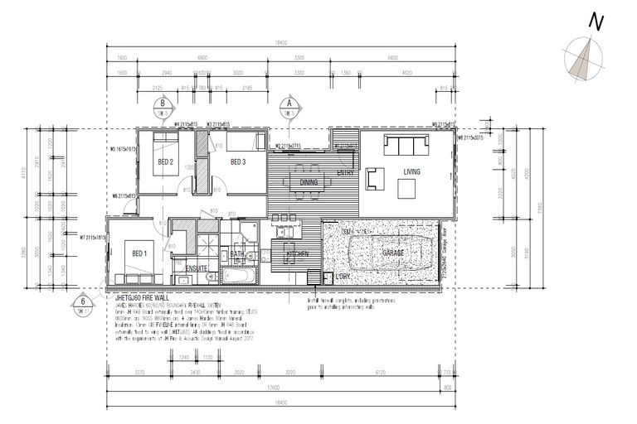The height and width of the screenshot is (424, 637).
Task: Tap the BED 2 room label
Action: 165,161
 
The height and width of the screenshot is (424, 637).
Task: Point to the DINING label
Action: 309,181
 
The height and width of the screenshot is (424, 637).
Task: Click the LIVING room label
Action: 412,172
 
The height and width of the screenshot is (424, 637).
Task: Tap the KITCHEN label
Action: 298,253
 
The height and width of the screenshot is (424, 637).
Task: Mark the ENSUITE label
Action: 196,267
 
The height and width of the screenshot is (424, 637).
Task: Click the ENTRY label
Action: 346,172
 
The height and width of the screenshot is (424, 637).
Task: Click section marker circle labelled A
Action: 289,104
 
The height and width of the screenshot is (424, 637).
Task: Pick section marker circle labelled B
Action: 163,104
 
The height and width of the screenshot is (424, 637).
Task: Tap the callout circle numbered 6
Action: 84,301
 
